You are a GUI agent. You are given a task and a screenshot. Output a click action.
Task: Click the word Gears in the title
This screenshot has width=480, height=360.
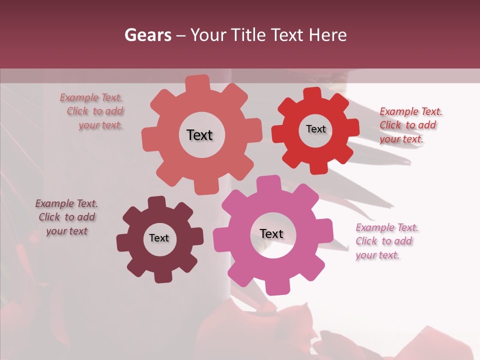(x=147, y=35)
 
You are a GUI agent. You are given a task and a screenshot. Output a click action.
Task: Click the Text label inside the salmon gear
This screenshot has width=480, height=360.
(x=199, y=135)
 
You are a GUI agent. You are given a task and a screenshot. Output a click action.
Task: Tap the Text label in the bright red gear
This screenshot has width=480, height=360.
(x=315, y=129)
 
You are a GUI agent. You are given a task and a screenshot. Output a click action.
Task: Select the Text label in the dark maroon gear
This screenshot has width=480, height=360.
(x=159, y=238)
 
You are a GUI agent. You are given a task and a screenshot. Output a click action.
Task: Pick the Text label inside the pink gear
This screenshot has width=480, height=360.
(x=271, y=234)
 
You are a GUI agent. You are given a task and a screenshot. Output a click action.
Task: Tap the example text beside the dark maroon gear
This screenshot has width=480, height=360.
(x=66, y=217)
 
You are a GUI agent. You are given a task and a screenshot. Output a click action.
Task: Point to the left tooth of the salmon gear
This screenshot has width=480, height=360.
(x=149, y=138)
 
